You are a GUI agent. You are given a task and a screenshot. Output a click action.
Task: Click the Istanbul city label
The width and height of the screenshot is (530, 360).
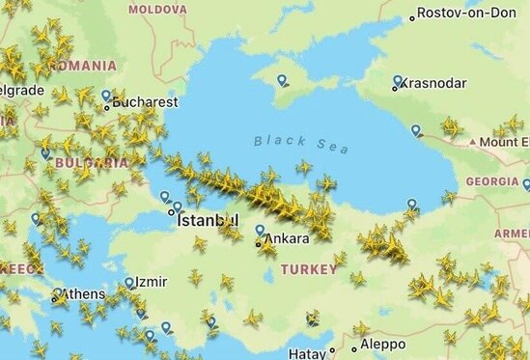pyautogui.click(x=208, y=220)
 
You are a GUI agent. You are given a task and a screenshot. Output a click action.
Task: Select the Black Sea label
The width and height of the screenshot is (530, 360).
pyautogui.click(x=301, y=142)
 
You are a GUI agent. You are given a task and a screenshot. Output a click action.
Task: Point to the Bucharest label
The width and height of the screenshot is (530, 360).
pyautogui.click(x=146, y=100)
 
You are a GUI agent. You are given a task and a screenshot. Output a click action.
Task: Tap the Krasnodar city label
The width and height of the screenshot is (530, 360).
pyautogui.click(x=432, y=84)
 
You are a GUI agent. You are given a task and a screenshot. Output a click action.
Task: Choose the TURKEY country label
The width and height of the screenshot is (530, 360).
pyautogui.click(x=309, y=270)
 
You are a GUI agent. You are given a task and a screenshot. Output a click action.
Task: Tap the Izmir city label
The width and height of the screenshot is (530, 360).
pyautogui.click(x=151, y=283)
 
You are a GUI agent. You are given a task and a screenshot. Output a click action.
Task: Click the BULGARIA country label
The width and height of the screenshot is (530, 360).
pyautogui.click(x=91, y=163)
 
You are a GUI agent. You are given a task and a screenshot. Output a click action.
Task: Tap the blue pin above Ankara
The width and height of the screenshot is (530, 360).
pyautogui.click(x=260, y=230)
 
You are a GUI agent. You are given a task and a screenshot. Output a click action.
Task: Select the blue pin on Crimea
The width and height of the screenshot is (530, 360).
pyautogui.click(x=282, y=81)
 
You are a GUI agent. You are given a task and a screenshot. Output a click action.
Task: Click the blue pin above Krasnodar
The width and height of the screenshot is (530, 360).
pyautogui.click(x=398, y=81)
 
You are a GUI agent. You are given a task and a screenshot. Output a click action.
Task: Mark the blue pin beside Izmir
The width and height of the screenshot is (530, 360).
pyautogui.click(x=129, y=283)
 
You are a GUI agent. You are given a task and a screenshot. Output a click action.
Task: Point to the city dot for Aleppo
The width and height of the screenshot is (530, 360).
pyautogui.click(x=355, y=347)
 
